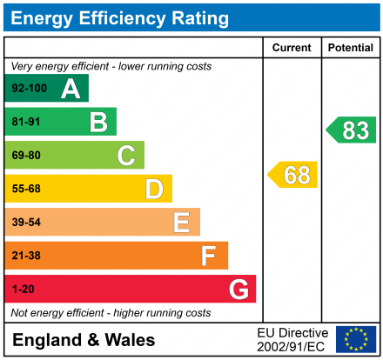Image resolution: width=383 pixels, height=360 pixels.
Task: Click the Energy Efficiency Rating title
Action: coord(119,17)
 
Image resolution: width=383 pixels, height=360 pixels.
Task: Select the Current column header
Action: coord(292,48)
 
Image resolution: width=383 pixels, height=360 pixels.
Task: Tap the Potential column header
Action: coord(351,48)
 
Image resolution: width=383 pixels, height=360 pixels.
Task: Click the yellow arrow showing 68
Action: coord(293,175)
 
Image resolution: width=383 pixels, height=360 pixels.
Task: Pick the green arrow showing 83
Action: coord(352,130)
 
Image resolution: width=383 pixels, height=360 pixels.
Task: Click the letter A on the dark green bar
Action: coord(71,89)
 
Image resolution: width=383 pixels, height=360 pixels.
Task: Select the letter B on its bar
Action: coord(98,122)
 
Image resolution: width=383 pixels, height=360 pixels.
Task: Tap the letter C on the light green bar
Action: coord(126,156)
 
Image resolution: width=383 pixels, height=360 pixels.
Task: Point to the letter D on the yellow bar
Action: coord(154,189)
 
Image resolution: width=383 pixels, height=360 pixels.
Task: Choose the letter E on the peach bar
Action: coord(181,223)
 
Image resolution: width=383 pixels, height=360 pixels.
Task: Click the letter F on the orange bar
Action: coord(209,256)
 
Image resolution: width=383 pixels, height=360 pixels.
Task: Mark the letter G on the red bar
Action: coord(238,289)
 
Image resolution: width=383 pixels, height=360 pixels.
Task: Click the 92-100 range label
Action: coord(29,89)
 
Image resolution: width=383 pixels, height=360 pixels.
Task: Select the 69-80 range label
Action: coord(26,156)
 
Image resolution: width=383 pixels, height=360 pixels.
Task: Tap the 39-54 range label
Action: coord(26,223)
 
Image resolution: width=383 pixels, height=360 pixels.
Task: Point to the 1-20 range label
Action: coord(23,289)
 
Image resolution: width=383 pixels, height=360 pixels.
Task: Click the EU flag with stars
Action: coord(356,339)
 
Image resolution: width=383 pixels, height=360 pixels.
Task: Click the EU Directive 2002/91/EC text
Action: coord(292,339)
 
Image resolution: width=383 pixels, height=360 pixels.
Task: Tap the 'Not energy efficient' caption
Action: coord(111,312)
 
